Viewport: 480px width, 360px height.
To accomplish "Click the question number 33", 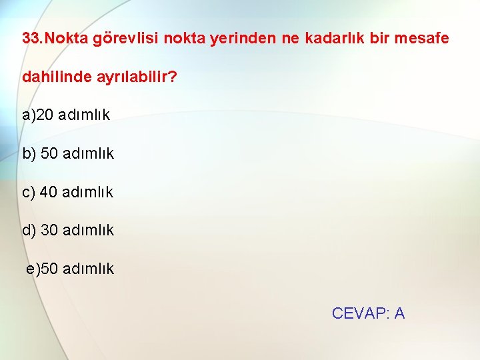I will [31, 38].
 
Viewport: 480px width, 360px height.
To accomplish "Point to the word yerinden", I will [242, 38].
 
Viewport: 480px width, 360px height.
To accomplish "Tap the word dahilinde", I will [51, 77].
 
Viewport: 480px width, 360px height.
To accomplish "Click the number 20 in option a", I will [45, 115].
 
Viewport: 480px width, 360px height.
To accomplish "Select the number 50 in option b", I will [49, 154].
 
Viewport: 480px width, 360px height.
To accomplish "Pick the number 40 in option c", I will [49, 193].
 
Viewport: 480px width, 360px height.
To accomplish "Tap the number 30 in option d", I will [49, 231].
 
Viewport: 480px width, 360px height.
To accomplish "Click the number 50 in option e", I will [49, 269].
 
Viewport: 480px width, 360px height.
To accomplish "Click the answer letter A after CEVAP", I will [399, 313].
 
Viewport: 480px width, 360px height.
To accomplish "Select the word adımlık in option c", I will [87, 193].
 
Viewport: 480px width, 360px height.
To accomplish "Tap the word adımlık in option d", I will [88, 231].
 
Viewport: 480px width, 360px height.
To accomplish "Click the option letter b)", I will [29, 154].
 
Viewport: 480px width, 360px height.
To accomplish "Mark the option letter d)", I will [29, 231].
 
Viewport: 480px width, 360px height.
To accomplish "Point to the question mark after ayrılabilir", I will [173, 77].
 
